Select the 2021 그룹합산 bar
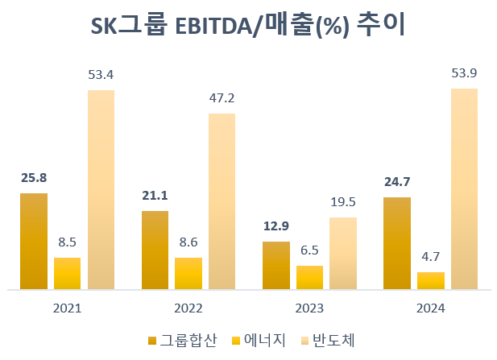pyautogui.click(x=34, y=242)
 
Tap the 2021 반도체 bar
pyautogui.click(x=101, y=189)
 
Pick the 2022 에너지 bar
pyautogui.click(x=188, y=273)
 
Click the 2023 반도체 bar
pyautogui.click(x=342, y=253)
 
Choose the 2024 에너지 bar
pyautogui.click(x=431, y=280)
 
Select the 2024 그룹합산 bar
pyautogui.click(x=397, y=243)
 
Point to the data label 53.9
pyautogui.click(x=464, y=74)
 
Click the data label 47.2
pyautogui.click(x=222, y=98)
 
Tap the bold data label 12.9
pyautogui.click(x=276, y=226)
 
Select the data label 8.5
pyautogui.click(x=67, y=242)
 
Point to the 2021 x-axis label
pyautogui.click(x=67, y=308)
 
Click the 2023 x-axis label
pyautogui.click(x=309, y=308)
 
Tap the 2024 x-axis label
pyautogui.click(x=431, y=308)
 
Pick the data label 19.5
pyautogui.click(x=342, y=202)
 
